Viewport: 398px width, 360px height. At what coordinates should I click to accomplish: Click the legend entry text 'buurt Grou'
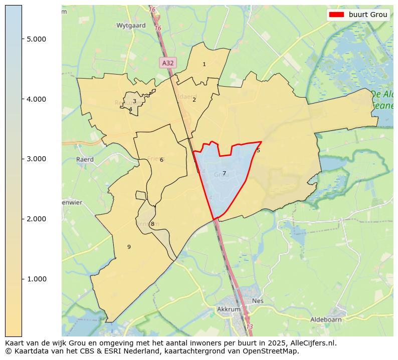coord(368,15)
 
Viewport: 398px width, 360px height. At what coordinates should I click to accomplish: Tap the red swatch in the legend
coord(336,15)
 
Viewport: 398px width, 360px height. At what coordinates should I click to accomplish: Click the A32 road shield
coord(167,63)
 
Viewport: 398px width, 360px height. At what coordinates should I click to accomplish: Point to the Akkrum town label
coord(229,309)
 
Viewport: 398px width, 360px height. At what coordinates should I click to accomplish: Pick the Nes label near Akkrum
coord(258,301)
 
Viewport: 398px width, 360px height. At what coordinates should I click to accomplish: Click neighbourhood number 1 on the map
coord(204,65)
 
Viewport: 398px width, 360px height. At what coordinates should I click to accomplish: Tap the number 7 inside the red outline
coord(224,173)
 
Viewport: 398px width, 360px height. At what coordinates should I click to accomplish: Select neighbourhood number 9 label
coord(129,247)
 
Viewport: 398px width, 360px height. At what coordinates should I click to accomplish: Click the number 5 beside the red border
coord(258,150)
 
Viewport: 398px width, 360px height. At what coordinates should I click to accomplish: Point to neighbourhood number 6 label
coord(161,160)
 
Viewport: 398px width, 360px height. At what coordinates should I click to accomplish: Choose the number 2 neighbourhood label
coord(194,100)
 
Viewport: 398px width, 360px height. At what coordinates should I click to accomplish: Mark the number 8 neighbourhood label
coord(152,224)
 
